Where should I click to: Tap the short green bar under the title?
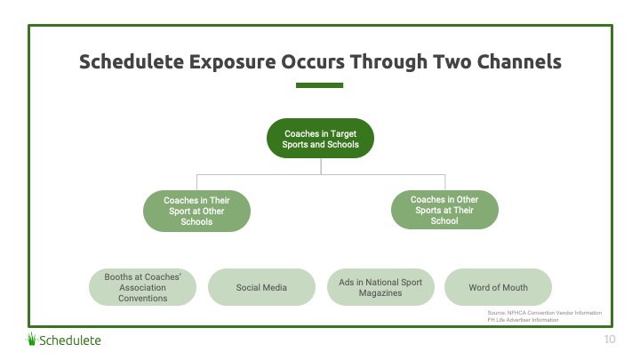coord(319,85)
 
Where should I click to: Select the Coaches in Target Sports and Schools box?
coord(321,139)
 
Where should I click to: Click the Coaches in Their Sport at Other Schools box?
coord(196,212)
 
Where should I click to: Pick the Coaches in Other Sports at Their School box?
coord(444,211)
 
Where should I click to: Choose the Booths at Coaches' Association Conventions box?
coord(142,287)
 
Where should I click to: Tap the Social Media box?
coord(261,287)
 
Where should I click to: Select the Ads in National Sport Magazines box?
coord(380,287)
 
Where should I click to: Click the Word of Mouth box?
coord(498,287)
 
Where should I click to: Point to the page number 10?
coord(609,340)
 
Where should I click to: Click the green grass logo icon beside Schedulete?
coord(32,339)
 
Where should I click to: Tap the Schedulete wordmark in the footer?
coord(70,340)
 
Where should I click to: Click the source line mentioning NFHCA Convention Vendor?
coord(544,313)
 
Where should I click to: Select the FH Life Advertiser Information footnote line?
coord(524,319)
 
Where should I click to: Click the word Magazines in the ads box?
coord(380,292)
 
